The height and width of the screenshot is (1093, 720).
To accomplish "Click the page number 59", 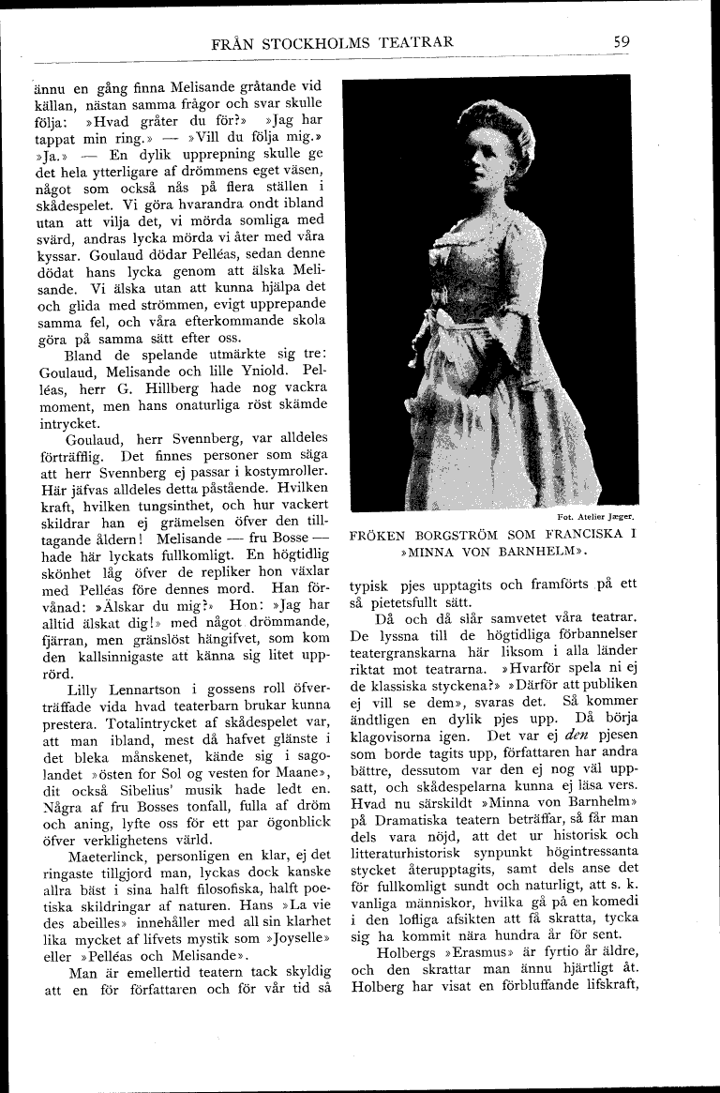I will [622, 42].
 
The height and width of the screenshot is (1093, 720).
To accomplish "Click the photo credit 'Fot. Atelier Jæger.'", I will [595, 516].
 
